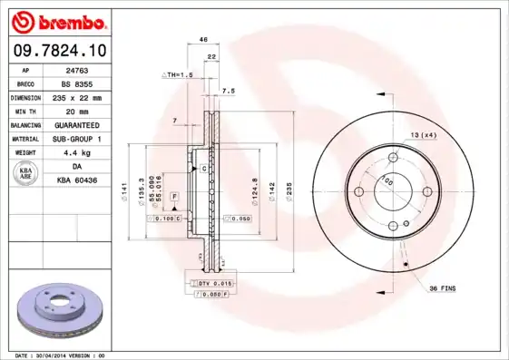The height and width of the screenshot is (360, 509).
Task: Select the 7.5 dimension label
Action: pos(229,92)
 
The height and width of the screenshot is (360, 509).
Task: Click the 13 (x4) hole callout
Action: pos(423,134)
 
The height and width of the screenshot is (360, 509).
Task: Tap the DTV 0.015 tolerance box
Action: pos(210,284)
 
